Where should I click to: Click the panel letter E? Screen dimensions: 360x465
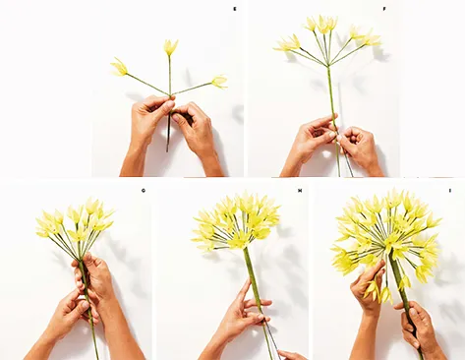pyautogui.click(x=234, y=8)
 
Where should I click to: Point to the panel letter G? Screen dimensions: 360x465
pyautogui.click(x=144, y=190)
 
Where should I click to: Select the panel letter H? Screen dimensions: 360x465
pyautogui.click(x=299, y=190)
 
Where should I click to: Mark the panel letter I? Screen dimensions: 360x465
pyautogui.click(x=450, y=190)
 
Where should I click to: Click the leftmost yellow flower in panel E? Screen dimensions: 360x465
pyautogui.click(x=119, y=67)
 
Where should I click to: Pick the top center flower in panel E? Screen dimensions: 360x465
pyautogui.click(x=170, y=46)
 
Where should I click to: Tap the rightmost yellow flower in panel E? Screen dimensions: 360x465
pyautogui.click(x=219, y=82)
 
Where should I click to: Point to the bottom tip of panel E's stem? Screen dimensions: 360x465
pyautogui.click(x=167, y=150)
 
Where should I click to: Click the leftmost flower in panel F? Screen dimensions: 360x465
pyautogui.click(x=286, y=43)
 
